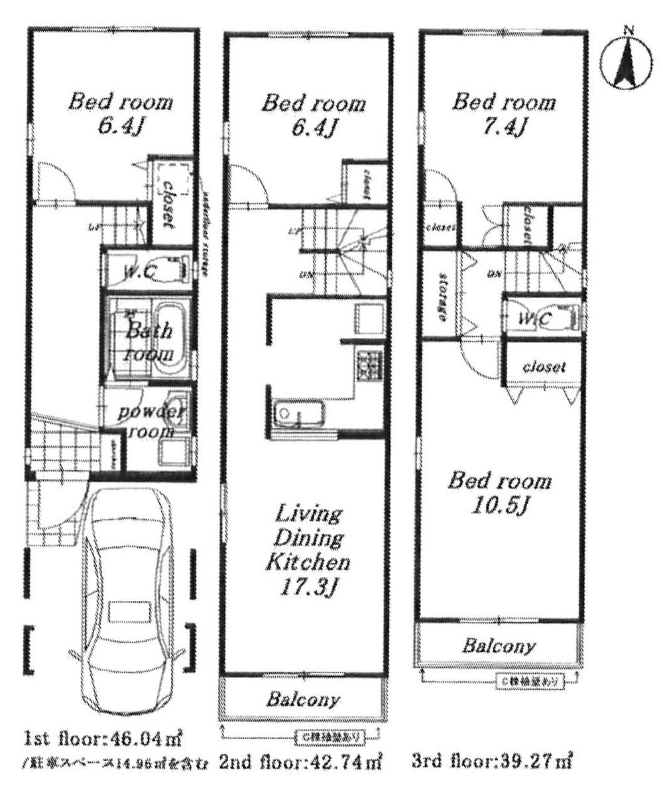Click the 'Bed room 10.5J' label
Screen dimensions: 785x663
coord(499,492)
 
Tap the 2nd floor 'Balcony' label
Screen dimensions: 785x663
coord(303,699)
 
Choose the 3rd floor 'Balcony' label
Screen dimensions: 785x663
coord(499,645)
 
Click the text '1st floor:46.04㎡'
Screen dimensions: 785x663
coord(103,737)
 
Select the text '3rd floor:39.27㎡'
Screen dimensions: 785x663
coord(491,761)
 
